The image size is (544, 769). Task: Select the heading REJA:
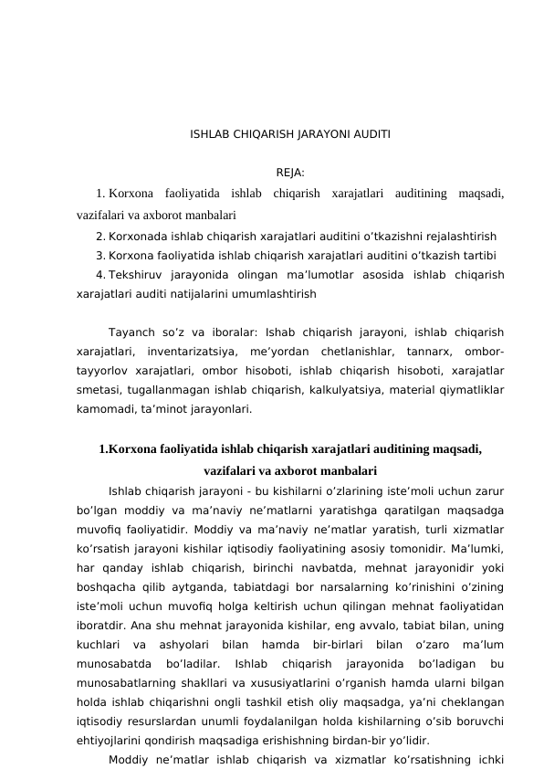click(x=289, y=172)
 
